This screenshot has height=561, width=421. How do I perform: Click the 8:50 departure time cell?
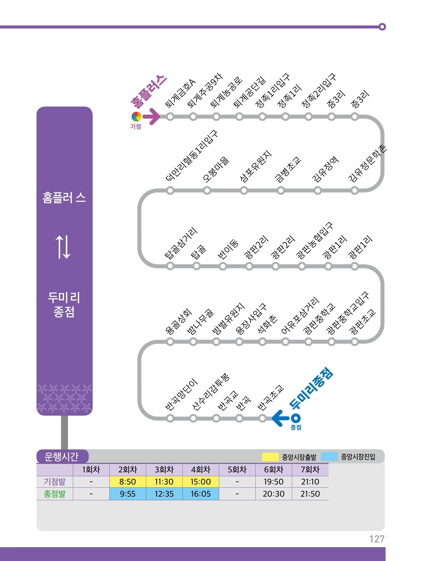coord(127,482)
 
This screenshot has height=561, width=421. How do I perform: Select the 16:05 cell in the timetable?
coord(201,494)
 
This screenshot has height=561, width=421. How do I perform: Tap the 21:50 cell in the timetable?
coord(310,494)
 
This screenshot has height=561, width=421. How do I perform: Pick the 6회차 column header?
coord(273,470)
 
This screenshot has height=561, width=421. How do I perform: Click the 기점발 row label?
coord(54,482)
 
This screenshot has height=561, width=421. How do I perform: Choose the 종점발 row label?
coord(54,494)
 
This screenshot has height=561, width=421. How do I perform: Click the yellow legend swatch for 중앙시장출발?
coord(270,457)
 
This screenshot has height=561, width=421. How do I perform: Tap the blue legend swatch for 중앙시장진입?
coord(329,457)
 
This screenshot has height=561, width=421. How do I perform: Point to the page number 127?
coord(377,539)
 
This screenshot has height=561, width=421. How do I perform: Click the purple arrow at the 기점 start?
coord(152,117)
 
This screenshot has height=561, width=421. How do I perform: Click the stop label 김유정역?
coord(325,169)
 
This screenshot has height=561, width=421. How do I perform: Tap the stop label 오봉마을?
coord(215,169)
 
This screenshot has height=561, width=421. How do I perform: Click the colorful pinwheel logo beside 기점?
coord(136,117)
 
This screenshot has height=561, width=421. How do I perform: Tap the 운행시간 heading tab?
coord(62,457)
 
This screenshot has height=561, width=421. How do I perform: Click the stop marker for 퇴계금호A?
coord(170,117)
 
